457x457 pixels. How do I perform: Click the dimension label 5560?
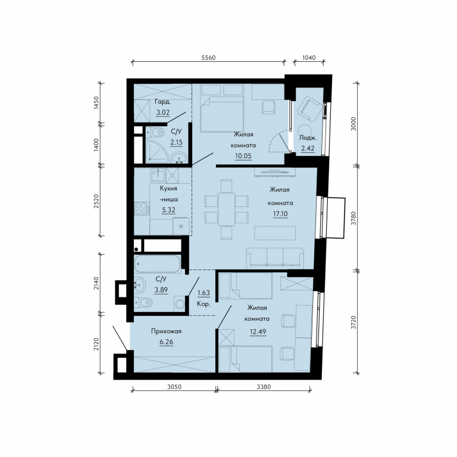[x=208, y=58]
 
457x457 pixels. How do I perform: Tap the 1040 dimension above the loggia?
[x=309, y=58]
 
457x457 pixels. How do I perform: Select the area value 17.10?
[x=280, y=214]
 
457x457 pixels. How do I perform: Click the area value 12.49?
[x=258, y=331]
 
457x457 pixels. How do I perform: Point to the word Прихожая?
[x=166, y=331]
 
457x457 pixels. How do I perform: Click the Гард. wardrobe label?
[x=162, y=102]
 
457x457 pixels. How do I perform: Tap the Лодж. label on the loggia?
[x=308, y=137]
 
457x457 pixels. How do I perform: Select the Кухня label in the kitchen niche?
[x=168, y=188]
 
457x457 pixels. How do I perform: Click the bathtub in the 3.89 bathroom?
[x=157, y=264]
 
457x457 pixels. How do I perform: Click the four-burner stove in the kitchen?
[x=141, y=208]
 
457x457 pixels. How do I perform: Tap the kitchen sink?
[x=158, y=176]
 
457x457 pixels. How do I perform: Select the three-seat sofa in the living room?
[x=275, y=258]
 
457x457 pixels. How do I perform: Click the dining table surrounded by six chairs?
[x=227, y=209]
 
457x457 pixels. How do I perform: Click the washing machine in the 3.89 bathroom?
[x=180, y=303]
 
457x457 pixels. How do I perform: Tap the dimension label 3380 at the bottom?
[x=264, y=387]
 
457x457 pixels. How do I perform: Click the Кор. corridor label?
[x=204, y=304]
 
